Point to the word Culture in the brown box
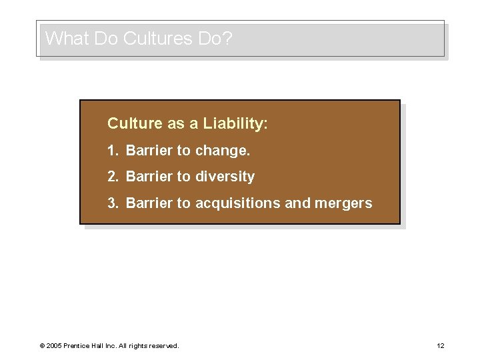point(132,123)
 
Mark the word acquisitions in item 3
point(238,203)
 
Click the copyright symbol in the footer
point(41,345)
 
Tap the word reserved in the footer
point(163,345)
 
